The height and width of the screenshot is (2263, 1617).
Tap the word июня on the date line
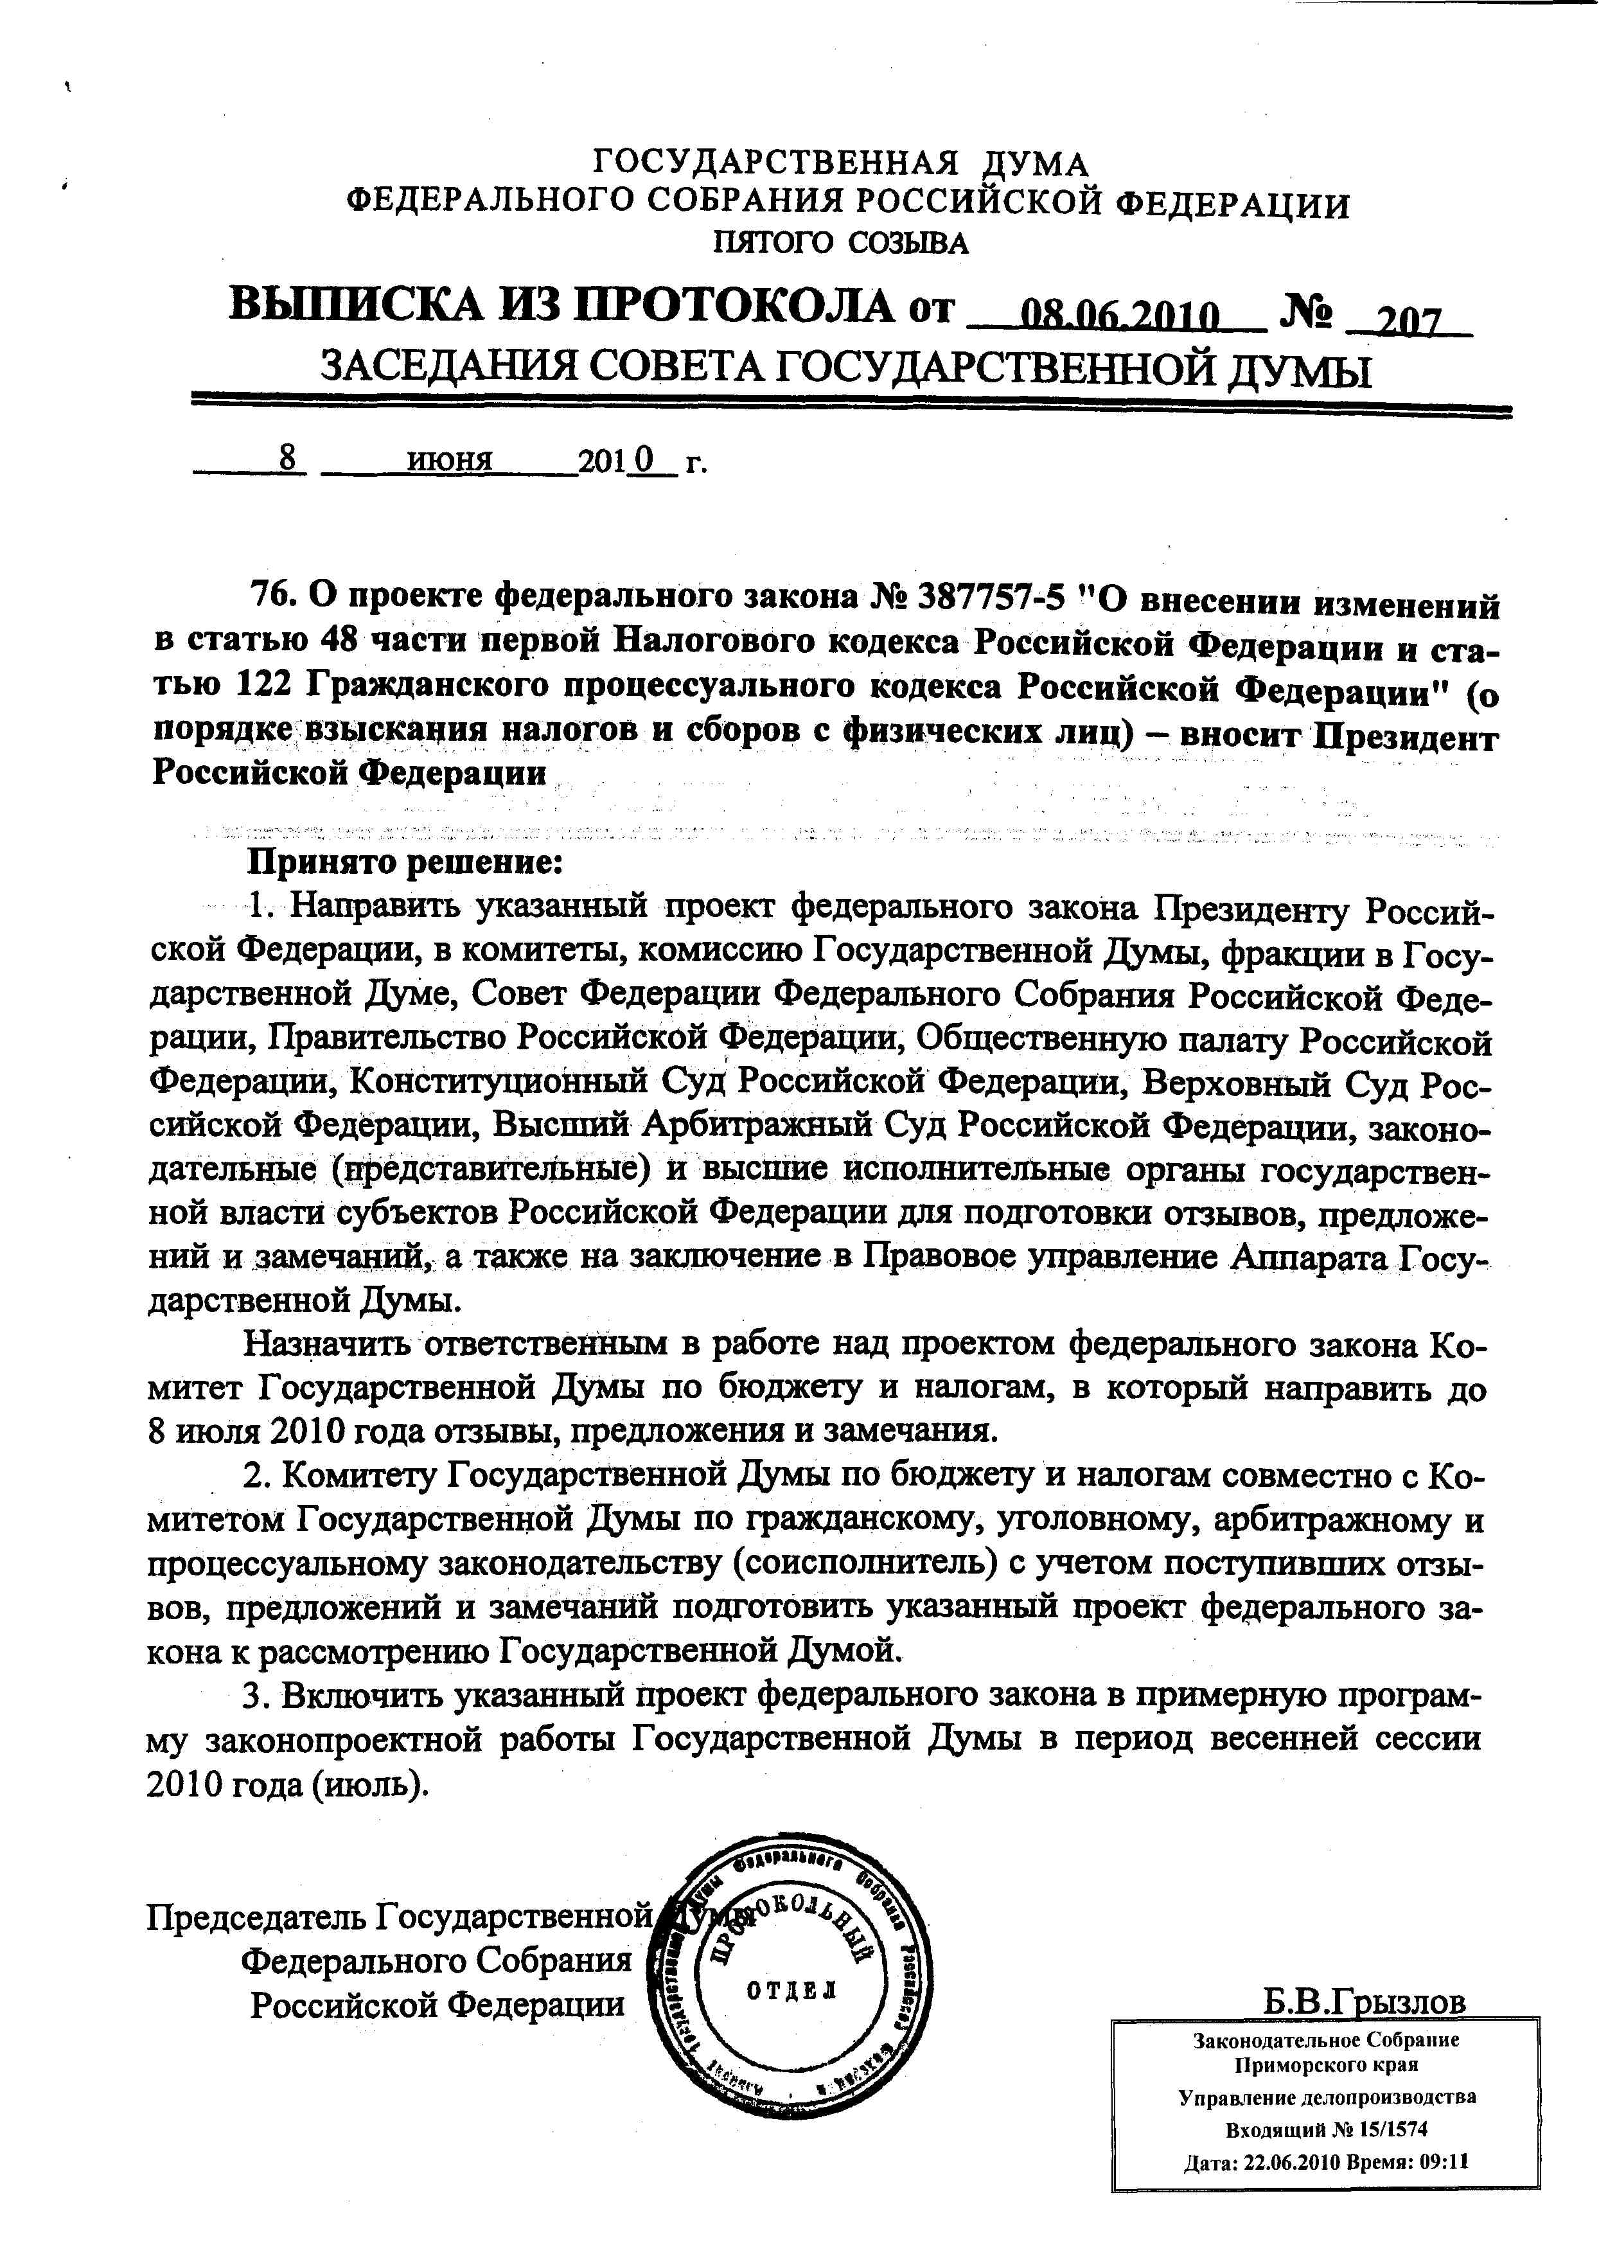[451, 460]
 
